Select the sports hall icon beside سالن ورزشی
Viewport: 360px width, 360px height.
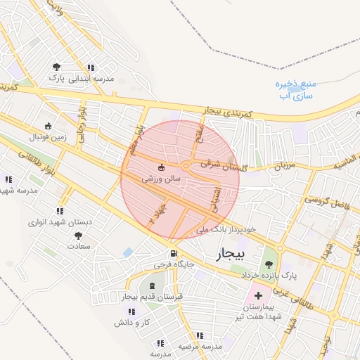pos(163,167)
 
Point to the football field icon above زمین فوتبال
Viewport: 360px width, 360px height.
pos(48,127)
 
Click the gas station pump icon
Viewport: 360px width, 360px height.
pos(172,253)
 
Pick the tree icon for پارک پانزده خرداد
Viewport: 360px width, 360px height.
pos(268,264)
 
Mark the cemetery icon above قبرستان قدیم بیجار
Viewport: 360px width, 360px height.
pos(153,285)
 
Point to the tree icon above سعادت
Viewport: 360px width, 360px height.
pos(77,236)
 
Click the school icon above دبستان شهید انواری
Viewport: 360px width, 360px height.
pos(60,210)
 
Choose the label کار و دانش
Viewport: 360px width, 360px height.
pos(134,322)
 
